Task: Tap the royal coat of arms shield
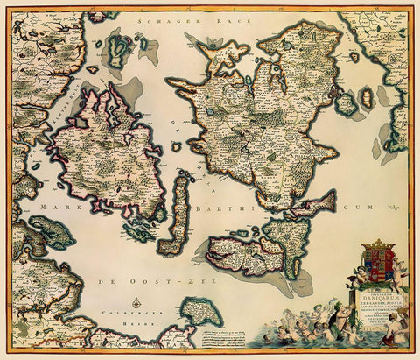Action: pyautogui.click(x=378, y=265)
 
